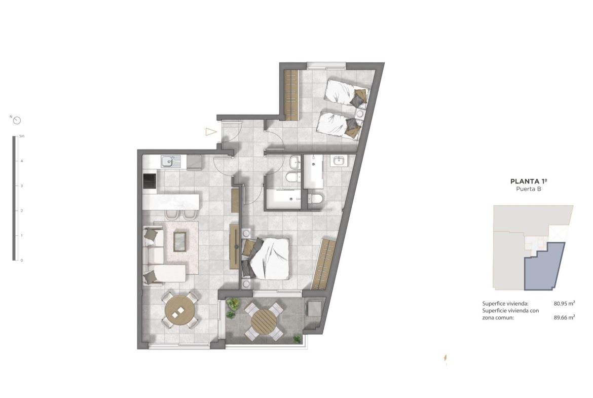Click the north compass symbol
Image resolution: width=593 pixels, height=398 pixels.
tap(17, 121)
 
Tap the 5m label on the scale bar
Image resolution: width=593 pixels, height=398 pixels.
tap(22, 136)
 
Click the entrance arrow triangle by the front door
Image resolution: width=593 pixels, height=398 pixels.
tap(211, 132)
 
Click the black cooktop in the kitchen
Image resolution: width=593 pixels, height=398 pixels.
tap(150, 181)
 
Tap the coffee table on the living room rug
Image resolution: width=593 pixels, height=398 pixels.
tap(180, 242)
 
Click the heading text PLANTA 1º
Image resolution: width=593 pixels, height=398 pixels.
tap(529, 181)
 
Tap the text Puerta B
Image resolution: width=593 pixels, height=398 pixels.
tap(529, 189)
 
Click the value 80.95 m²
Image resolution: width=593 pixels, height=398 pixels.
tap(564, 303)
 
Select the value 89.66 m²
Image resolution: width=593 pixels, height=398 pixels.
tap(564, 317)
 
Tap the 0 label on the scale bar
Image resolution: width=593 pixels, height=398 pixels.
tap(22, 260)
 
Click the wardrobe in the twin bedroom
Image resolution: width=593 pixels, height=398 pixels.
tap(291, 95)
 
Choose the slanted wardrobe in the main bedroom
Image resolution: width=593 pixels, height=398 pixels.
tap(323, 264)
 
